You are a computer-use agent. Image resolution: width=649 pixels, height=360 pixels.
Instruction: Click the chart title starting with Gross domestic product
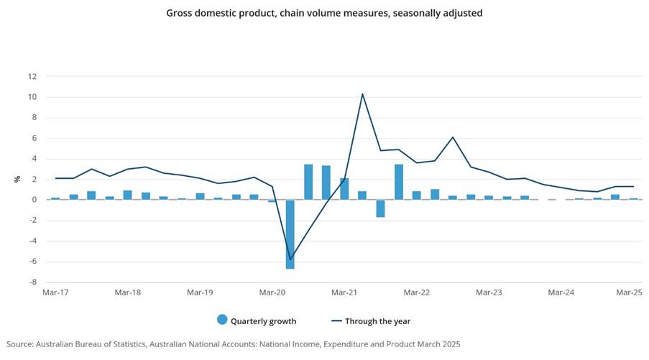324,13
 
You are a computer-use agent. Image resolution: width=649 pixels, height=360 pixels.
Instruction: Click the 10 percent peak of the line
362,94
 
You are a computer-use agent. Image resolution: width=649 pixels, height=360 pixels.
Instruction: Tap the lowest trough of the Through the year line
290,259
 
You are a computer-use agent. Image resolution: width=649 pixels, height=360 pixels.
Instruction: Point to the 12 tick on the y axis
32,76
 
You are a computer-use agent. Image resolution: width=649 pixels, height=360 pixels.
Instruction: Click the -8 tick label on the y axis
31,282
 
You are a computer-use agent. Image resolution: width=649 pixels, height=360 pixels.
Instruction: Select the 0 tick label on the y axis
33,200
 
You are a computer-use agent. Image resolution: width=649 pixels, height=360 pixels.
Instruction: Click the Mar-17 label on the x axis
55,292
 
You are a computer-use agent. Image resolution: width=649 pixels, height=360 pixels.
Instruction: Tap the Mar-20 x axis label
272,292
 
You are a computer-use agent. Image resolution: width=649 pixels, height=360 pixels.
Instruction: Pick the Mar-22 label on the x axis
416,292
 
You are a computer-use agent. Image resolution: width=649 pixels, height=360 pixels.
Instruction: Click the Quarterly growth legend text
263,321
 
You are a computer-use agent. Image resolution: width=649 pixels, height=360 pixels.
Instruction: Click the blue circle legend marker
221,320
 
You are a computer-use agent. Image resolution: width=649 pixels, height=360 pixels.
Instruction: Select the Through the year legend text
378,321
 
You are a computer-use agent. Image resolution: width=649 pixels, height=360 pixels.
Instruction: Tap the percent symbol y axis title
17,179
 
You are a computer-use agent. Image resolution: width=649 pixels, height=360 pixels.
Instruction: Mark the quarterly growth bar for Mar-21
344,189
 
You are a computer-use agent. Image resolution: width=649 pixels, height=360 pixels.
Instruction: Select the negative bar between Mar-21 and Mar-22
380,208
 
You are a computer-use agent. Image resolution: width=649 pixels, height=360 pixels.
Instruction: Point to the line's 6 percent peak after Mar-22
453,137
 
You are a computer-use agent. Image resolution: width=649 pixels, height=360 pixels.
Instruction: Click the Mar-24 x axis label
561,292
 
